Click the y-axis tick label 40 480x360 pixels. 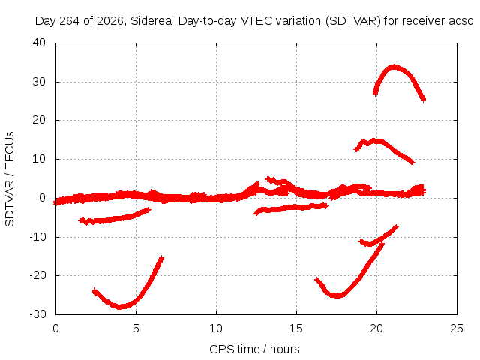(x=39, y=43)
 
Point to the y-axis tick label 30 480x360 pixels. (x=39, y=82)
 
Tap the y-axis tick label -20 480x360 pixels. (x=37, y=275)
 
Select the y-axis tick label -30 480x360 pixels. (x=37, y=313)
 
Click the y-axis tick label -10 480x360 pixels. (x=37, y=236)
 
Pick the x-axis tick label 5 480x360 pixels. (x=136, y=328)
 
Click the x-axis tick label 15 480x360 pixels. (x=296, y=328)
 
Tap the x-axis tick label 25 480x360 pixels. (x=457, y=328)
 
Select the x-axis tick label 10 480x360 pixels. (x=216, y=328)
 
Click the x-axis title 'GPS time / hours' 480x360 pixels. (x=254, y=349)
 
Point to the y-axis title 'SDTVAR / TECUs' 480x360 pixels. (x=10, y=179)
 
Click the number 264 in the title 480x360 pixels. (x=70, y=21)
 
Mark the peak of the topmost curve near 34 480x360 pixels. (x=394, y=67)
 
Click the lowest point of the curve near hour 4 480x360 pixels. (x=119, y=306)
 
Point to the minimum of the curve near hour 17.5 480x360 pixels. (x=337, y=295)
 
